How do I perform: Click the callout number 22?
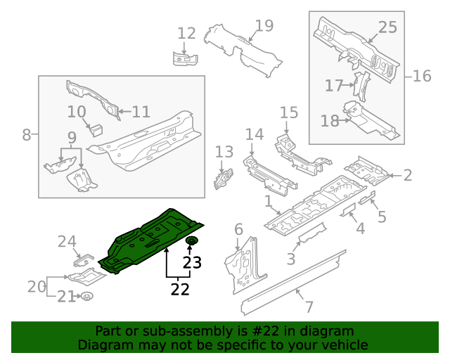(180, 288)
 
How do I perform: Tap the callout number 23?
(192, 263)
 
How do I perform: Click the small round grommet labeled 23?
(191, 243)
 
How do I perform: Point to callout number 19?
(264, 27)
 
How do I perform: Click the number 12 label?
(186, 33)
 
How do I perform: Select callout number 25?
(387, 27)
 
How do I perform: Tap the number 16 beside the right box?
(421, 75)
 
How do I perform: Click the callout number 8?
(27, 134)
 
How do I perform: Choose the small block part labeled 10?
(96, 129)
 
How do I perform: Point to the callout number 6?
(238, 229)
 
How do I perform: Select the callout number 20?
(37, 286)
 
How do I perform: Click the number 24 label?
(67, 242)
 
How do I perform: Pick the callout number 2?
(407, 176)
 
